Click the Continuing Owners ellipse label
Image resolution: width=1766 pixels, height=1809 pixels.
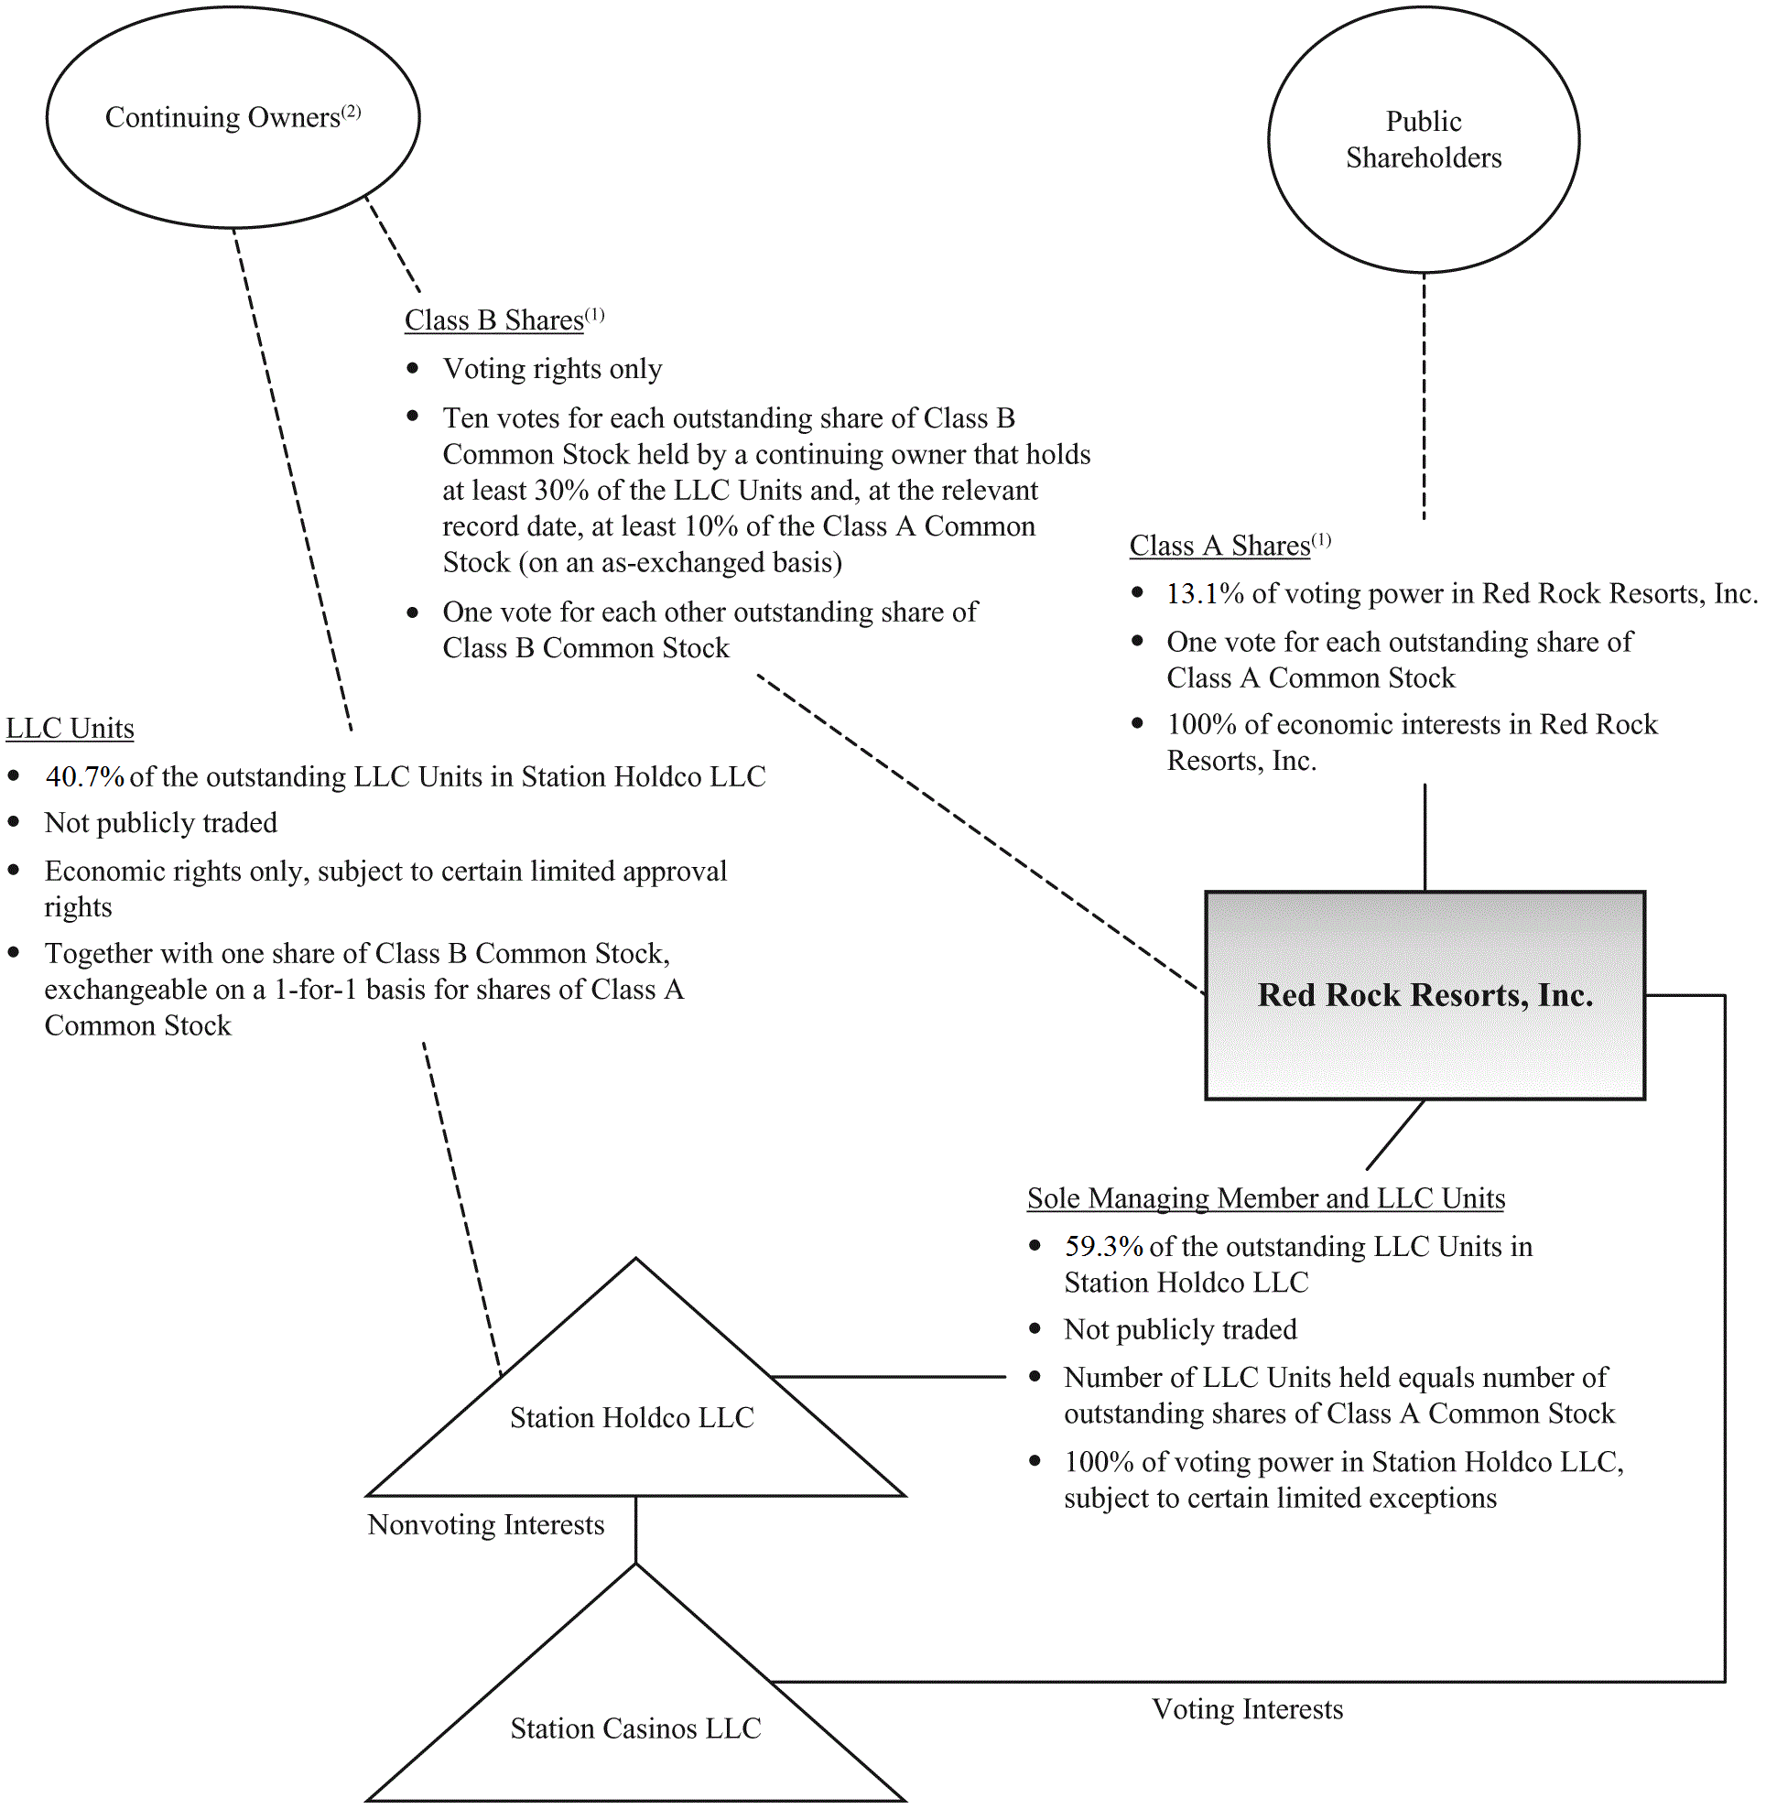[222, 118]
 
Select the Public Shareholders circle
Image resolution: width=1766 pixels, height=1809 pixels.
[1423, 139]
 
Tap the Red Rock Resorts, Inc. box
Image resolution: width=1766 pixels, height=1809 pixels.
[1425, 994]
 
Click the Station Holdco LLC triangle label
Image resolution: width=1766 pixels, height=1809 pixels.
[632, 1417]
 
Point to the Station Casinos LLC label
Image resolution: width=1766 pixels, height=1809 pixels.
[635, 1728]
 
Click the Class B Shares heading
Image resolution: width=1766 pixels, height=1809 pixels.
[493, 320]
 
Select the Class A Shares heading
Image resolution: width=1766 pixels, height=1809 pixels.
[1219, 546]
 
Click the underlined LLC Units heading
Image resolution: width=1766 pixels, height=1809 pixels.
[70, 728]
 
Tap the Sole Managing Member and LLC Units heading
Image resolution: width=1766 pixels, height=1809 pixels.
[1265, 1197]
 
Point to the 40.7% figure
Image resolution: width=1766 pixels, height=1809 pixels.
[84, 776]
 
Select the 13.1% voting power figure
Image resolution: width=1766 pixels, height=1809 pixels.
[1204, 594]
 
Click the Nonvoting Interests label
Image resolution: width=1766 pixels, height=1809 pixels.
[485, 1525]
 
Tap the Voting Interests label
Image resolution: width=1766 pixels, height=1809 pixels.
[1247, 1709]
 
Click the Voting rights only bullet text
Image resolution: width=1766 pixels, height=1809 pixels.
[552, 369]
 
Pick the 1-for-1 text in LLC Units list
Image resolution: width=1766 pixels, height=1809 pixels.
[315, 990]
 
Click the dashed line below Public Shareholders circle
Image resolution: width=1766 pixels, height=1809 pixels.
[1424, 399]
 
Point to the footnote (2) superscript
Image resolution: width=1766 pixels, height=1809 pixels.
[351, 112]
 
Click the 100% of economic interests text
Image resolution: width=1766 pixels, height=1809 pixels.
[1411, 724]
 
